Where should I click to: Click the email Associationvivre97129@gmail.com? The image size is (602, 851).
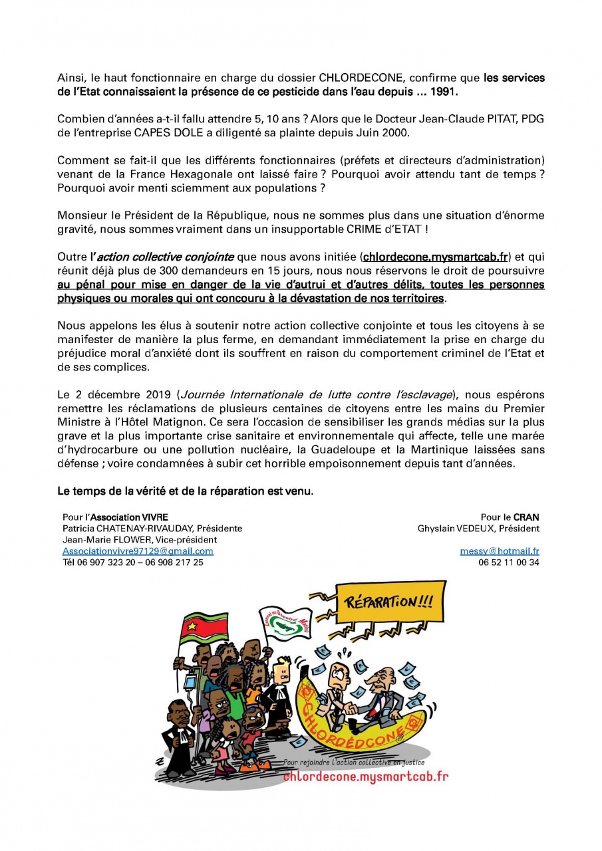[138, 551]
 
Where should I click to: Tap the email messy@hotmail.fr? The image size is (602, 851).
[500, 551]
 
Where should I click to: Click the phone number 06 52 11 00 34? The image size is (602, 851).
[508, 562]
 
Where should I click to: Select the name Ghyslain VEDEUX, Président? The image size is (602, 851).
[478, 529]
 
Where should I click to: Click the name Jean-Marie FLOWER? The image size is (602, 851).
[103, 540]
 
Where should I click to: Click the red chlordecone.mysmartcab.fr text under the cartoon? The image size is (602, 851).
[365, 777]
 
